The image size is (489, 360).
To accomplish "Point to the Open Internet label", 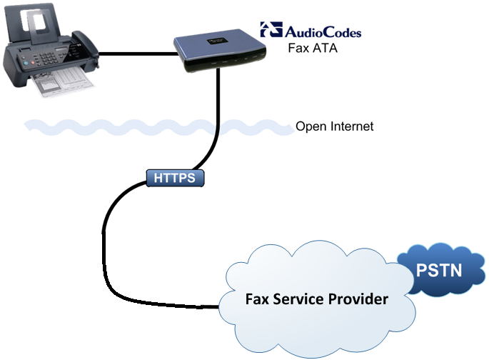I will coord(334,127).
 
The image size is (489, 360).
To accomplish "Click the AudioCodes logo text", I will coord(323,31).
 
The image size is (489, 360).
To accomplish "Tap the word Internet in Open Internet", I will coord(350,127).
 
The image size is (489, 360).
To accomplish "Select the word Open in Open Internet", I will coord(310,127).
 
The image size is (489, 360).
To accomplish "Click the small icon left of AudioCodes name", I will coord(271,30).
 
